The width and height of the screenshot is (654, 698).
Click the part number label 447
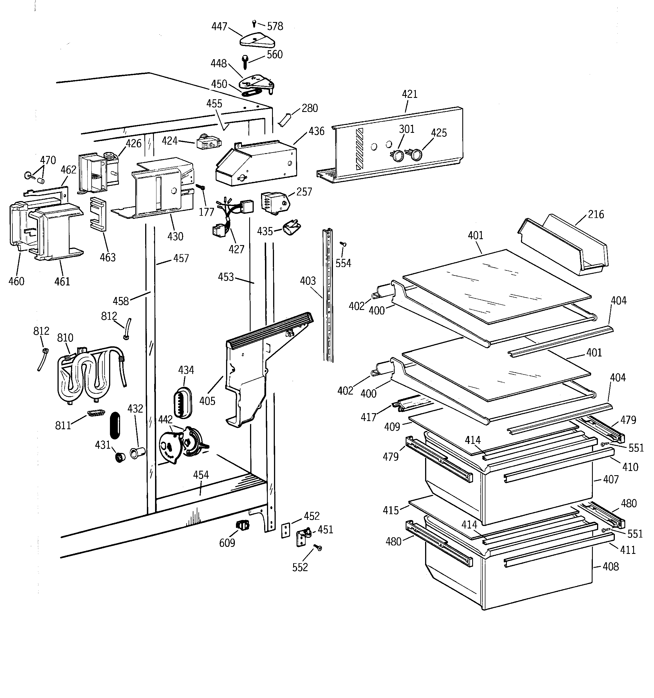tap(219, 27)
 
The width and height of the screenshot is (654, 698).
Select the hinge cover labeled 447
tap(257, 40)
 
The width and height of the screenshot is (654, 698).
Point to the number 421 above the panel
tap(409, 94)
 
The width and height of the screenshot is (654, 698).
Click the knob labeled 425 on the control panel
tap(417, 155)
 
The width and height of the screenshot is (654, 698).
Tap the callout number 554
tap(343, 263)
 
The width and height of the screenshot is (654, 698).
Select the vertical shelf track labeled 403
tap(328, 295)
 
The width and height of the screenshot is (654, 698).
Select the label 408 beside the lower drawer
tap(611, 567)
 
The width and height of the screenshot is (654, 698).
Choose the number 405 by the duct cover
tap(207, 401)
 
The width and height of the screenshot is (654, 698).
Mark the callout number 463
tap(107, 257)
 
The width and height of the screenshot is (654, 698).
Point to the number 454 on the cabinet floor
tap(201, 475)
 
